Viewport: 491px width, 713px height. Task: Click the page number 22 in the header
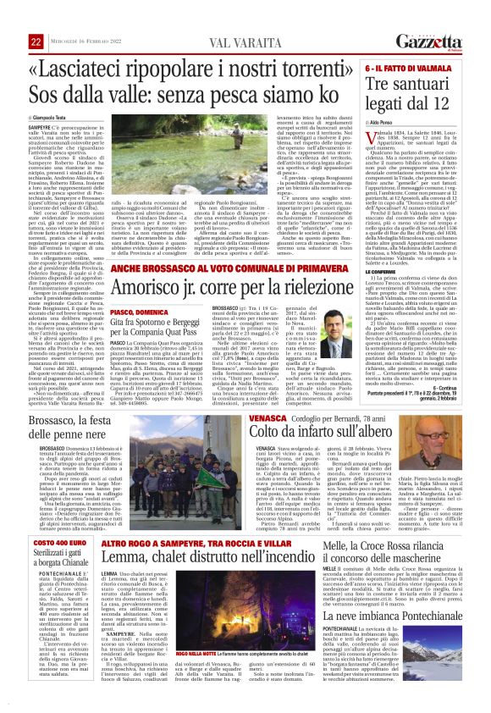36,19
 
